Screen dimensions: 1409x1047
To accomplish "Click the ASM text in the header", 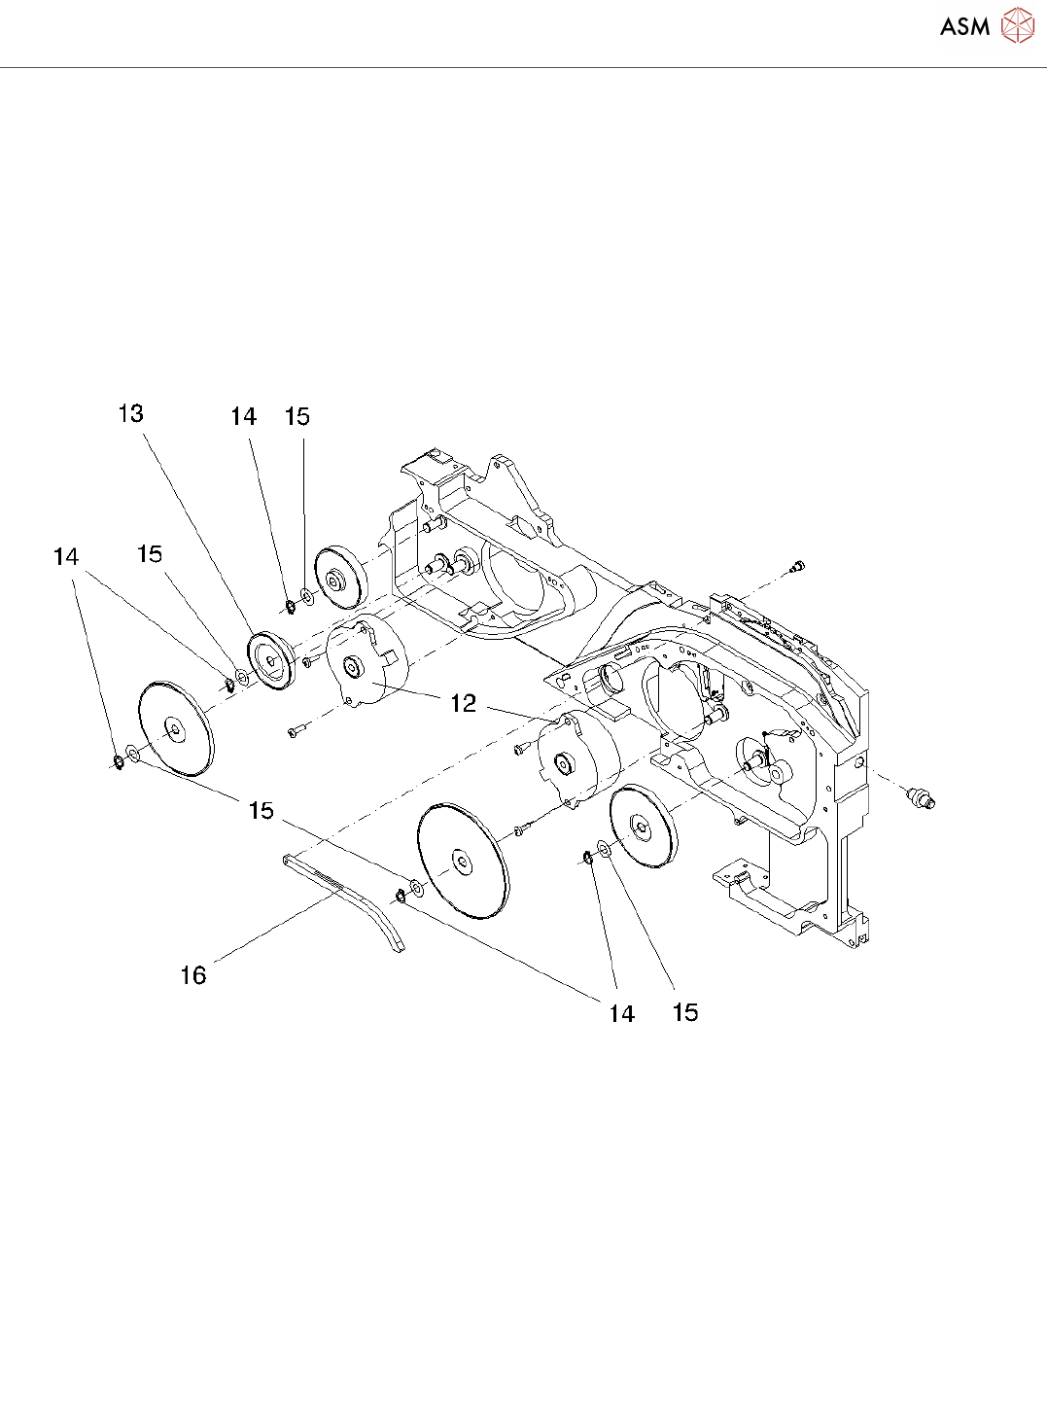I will (964, 27).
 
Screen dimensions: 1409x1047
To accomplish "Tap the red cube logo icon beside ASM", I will (1018, 25).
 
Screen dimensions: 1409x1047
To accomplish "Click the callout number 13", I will (130, 414).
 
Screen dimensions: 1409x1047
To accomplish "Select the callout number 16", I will (193, 975).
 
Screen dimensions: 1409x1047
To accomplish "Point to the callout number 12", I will (464, 703).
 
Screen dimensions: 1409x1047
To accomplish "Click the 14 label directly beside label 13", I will (243, 417).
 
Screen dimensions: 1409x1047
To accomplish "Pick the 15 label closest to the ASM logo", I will (297, 417).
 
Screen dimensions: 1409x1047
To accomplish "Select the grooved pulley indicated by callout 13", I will (270, 660).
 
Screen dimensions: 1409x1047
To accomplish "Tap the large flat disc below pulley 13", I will (176, 727).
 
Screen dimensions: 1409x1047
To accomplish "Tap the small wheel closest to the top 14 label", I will (338, 581).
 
